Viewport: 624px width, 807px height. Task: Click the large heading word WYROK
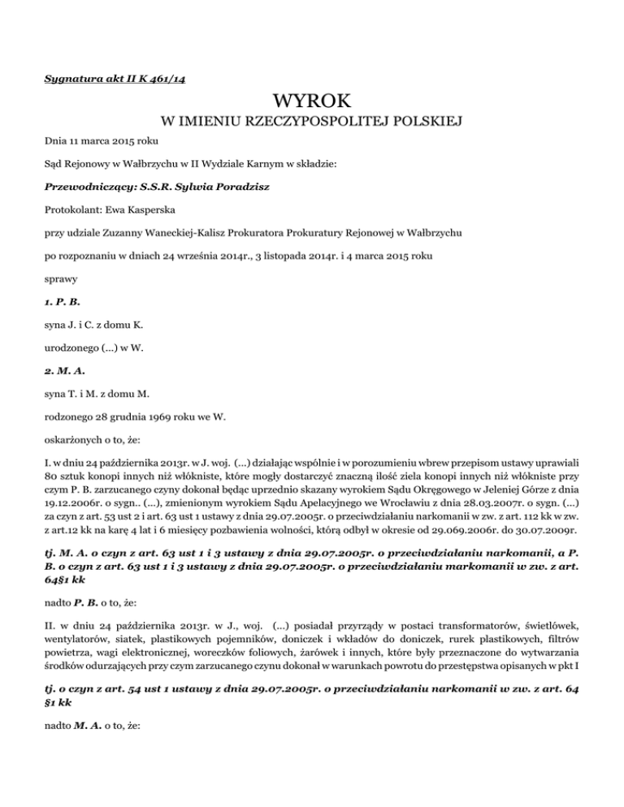click(312, 103)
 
